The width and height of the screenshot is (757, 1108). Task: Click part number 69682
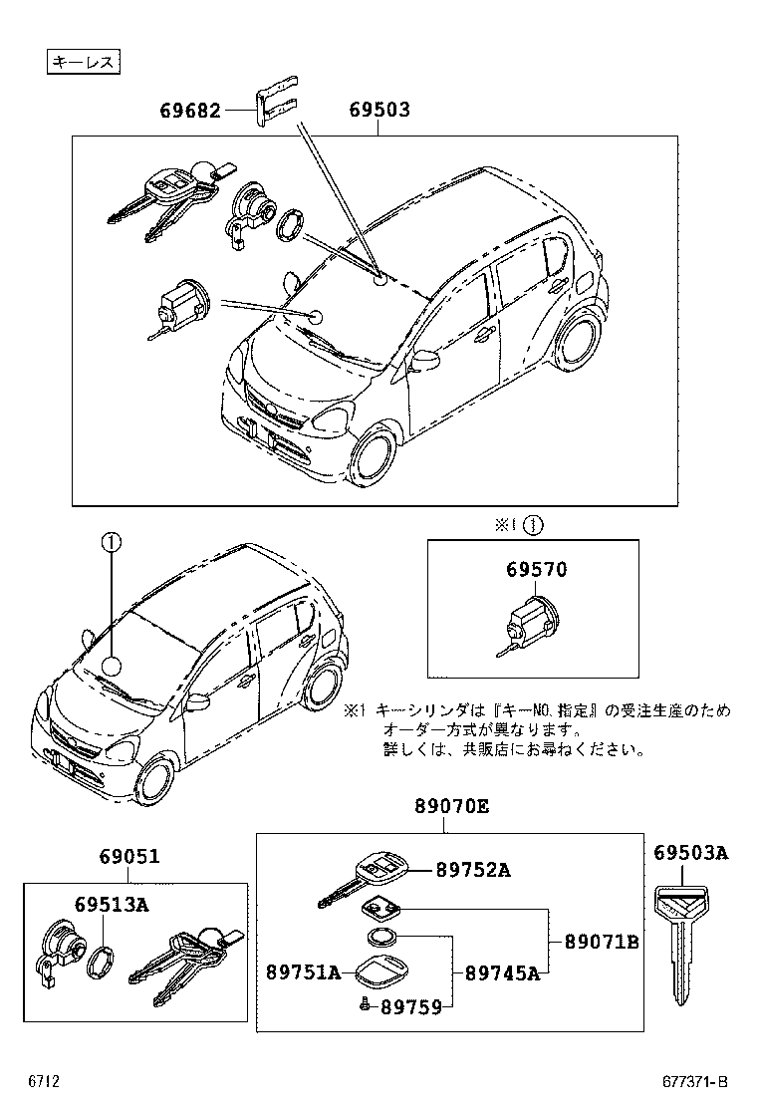click(x=189, y=110)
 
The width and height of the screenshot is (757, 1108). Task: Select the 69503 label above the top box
click(x=379, y=110)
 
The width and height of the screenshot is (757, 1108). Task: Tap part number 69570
click(x=536, y=570)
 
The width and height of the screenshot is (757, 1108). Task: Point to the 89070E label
click(x=452, y=808)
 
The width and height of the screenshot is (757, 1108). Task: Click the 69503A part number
click(x=690, y=853)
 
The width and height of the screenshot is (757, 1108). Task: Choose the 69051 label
click(x=129, y=857)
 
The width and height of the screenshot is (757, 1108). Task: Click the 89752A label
click(x=473, y=870)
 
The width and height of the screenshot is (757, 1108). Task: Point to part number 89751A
click(x=303, y=971)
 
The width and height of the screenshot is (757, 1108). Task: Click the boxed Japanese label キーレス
click(x=84, y=63)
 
